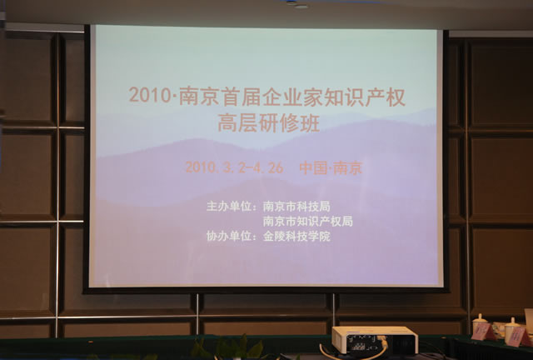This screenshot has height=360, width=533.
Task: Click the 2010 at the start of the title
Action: pyautogui.click(x=146, y=96)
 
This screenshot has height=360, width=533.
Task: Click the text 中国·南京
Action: pyautogui.click(x=331, y=167)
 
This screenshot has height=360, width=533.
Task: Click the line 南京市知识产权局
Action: pyautogui.click(x=307, y=221)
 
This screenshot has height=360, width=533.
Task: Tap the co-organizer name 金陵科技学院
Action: pyautogui.click(x=296, y=236)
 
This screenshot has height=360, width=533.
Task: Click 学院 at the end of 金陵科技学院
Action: pyautogui.click(x=319, y=236)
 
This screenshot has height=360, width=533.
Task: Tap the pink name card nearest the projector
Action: pyautogui.click(x=482, y=332)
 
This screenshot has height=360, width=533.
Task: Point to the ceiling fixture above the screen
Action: pyautogui.click(x=301, y=6)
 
